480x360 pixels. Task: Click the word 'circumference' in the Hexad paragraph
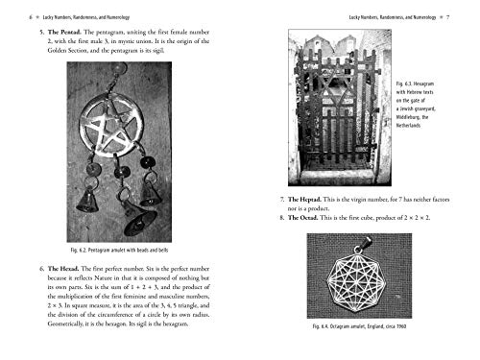[134, 312]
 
